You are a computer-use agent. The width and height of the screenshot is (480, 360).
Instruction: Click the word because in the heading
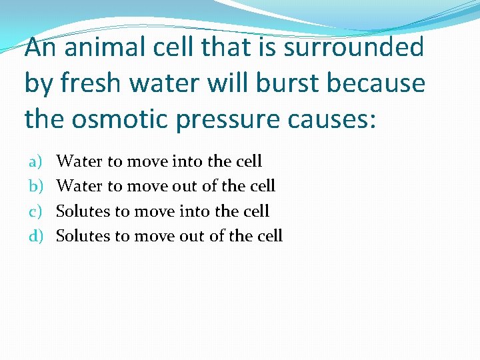[381, 84]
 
